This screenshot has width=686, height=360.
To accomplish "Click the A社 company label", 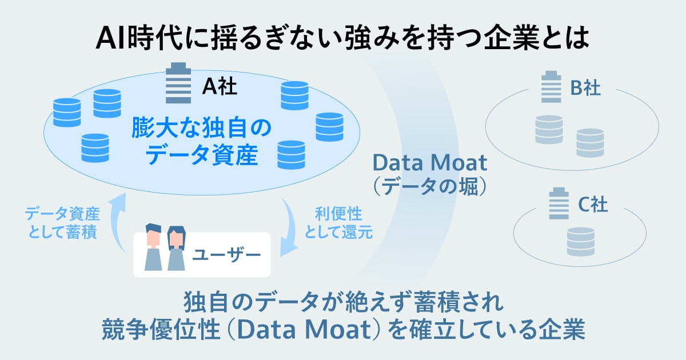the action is click(x=220, y=86).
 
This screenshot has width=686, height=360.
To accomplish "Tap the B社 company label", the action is click(x=585, y=88).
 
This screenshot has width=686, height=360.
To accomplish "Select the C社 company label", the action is click(x=593, y=205).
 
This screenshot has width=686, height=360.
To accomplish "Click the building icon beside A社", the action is click(x=178, y=83).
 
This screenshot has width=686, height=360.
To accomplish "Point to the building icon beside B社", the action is click(x=551, y=87).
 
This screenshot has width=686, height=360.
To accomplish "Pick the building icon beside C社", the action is click(x=559, y=203).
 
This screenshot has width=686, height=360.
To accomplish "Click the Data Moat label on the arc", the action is click(x=430, y=163).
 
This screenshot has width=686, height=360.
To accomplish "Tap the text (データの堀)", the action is click(x=430, y=186).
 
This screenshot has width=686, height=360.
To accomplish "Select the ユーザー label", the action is click(x=226, y=255).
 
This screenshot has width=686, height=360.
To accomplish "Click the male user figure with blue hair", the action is click(x=153, y=247).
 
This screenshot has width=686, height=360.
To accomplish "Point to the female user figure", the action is click(x=177, y=249).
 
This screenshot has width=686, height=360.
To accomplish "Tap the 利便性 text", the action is click(x=338, y=214).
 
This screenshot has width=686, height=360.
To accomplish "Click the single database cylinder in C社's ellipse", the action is click(x=581, y=242).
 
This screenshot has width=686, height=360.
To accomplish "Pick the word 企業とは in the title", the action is click(x=537, y=38).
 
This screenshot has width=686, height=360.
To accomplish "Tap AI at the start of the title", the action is click(x=110, y=38).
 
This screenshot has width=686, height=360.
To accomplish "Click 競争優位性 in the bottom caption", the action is click(x=161, y=329).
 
